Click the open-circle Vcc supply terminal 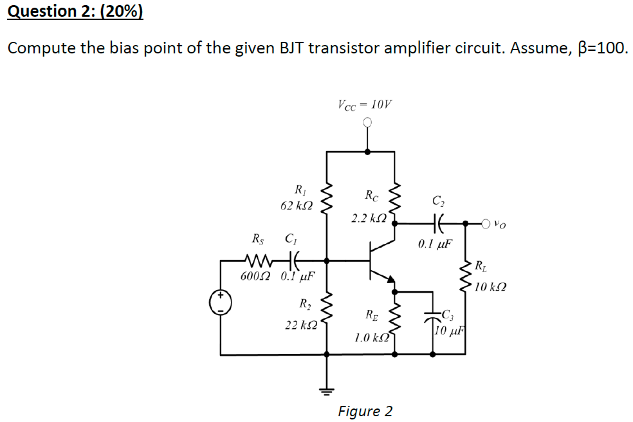click(x=367, y=123)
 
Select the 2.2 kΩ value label click(x=369, y=219)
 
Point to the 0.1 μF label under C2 click(x=436, y=244)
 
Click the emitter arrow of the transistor click(x=389, y=277)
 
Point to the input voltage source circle click(x=221, y=302)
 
